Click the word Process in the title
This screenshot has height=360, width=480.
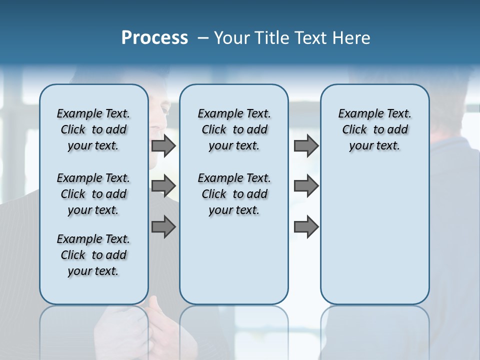click(x=154, y=38)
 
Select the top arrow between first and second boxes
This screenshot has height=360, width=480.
click(x=163, y=146)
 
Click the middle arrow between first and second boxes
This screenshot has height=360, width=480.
click(x=163, y=186)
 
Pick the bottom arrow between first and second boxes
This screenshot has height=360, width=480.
click(x=163, y=226)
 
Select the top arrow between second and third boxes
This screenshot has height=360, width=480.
click(x=306, y=146)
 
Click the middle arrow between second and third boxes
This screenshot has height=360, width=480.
click(x=306, y=186)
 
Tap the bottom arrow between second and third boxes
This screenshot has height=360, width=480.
click(x=306, y=226)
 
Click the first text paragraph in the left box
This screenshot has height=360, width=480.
click(x=93, y=129)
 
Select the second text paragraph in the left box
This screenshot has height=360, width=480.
click(x=93, y=194)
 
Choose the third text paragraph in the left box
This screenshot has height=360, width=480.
click(x=93, y=255)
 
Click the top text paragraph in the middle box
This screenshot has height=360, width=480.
click(x=234, y=129)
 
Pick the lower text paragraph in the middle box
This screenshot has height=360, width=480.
click(x=234, y=194)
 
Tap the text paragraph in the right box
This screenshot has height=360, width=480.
click(x=374, y=129)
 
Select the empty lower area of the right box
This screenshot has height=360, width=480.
click(x=374, y=240)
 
